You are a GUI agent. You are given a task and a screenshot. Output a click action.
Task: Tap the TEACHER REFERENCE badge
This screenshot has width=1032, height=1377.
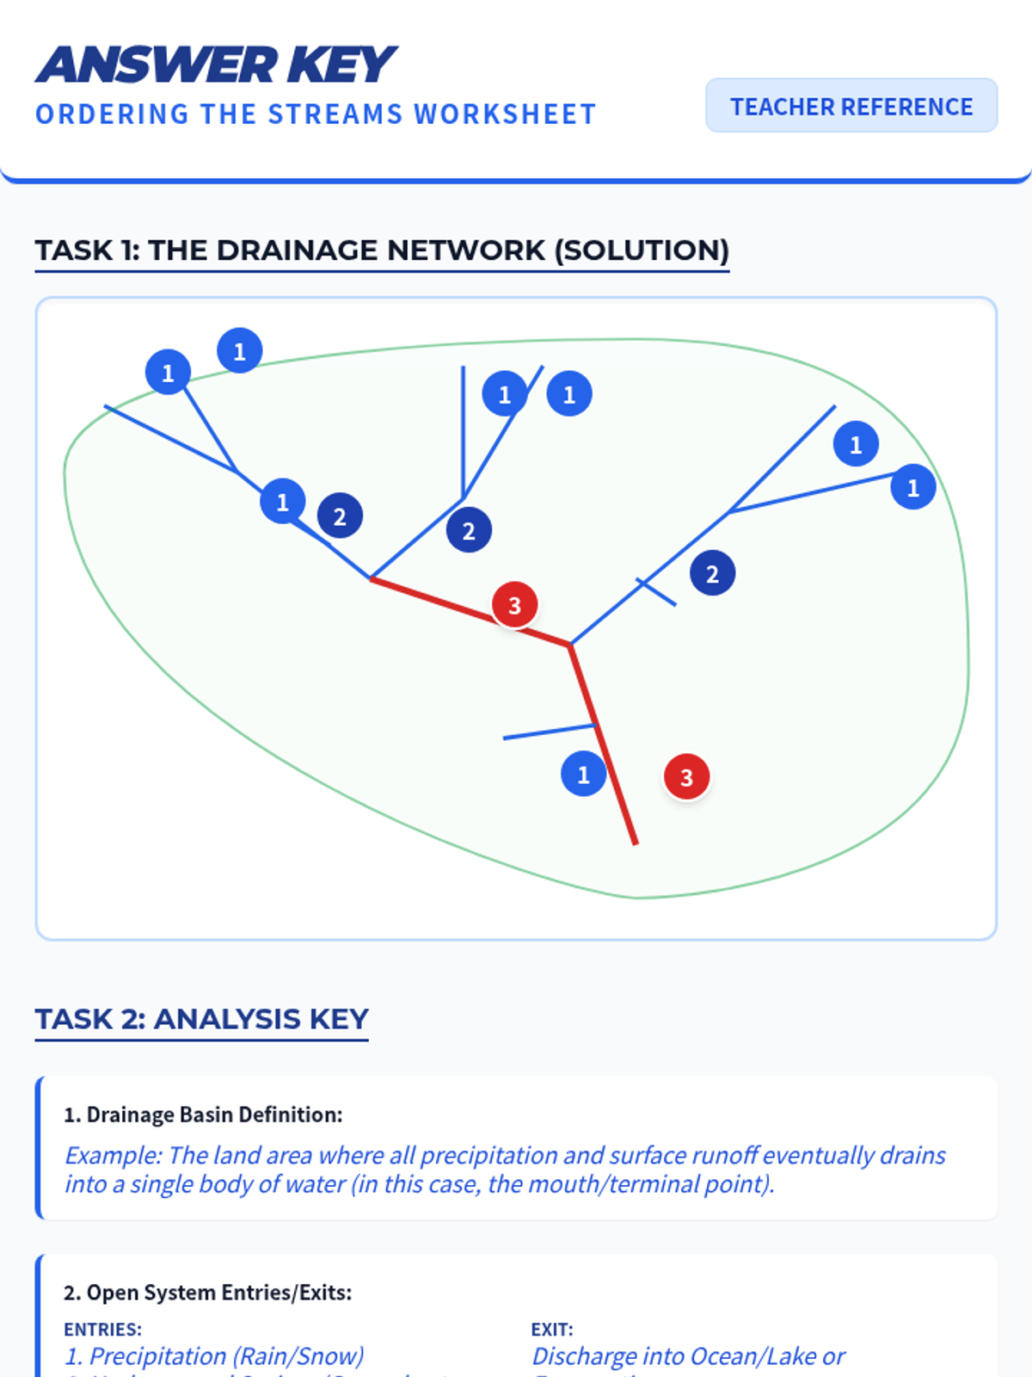click(x=851, y=106)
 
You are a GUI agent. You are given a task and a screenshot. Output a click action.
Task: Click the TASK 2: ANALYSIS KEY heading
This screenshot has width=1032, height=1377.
click(x=201, y=1019)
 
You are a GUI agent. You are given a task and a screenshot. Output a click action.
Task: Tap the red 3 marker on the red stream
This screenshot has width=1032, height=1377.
click(x=514, y=605)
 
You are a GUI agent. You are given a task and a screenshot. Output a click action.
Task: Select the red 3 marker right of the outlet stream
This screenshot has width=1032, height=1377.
click(x=686, y=777)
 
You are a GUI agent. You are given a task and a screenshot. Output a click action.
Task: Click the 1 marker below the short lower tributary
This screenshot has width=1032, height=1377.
click(x=583, y=775)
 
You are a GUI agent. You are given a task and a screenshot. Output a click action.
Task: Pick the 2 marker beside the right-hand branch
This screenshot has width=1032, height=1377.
click(x=712, y=574)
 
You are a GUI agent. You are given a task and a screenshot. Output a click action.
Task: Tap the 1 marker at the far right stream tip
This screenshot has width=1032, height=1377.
click(x=912, y=488)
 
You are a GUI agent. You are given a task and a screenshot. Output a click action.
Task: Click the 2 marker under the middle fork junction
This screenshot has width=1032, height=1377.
click(x=469, y=531)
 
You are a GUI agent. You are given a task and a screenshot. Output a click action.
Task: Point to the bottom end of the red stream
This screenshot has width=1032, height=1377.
click(x=635, y=842)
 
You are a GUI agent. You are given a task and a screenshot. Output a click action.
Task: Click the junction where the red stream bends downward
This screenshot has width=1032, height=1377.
click(x=569, y=644)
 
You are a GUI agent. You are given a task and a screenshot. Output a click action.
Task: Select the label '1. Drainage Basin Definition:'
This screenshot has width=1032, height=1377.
click(x=203, y=1115)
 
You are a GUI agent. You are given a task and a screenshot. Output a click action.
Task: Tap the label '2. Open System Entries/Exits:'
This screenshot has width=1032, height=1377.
click(x=207, y=1293)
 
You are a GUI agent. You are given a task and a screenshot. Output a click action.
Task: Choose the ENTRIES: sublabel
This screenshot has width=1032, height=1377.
click(x=102, y=1330)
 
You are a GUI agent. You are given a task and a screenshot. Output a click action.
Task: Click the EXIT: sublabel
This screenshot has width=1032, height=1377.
click(x=551, y=1330)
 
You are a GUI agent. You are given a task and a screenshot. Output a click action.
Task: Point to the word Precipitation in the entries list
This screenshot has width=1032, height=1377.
click(x=157, y=1356)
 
